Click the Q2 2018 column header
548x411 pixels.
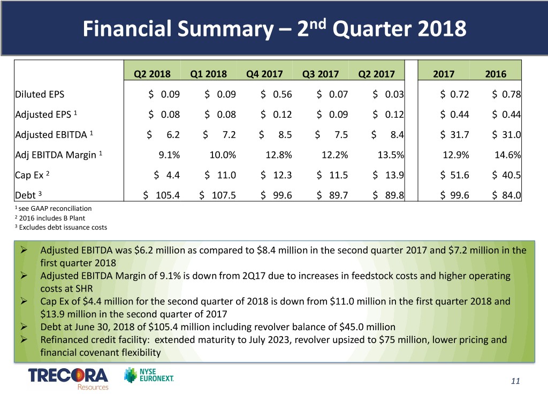pyautogui.click(x=152, y=74)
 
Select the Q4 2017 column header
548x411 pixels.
pyautogui.click(x=264, y=74)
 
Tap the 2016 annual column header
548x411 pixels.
pyautogui.click(x=496, y=74)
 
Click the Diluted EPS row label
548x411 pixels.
pyautogui.click(x=40, y=94)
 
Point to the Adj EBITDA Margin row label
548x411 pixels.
pyautogui.click(x=58, y=155)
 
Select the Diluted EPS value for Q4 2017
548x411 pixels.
pyautogui.click(x=276, y=94)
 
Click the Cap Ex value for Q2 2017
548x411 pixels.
pyautogui.click(x=388, y=175)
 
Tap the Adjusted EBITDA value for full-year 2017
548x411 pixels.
pyautogui.click(x=454, y=134)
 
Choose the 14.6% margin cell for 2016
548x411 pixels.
pyautogui.click(x=507, y=155)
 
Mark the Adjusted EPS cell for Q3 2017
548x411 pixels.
pyautogui.click(x=332, y=115)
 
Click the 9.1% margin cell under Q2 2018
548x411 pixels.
pyautogui.click(x=169, y=155)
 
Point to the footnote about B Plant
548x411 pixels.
pyautogui.click(x=50, y=218)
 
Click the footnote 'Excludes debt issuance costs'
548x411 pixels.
pyautogui.click(x=61, y=227)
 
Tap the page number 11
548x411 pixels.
pyautogui.click(x=515, y=381)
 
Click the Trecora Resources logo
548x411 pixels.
pyautogui.click(x=68, y=378)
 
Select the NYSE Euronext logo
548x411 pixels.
pyautogui.click(x=149, y=375)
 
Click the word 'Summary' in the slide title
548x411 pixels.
pyautogui.click(x=225, y=29)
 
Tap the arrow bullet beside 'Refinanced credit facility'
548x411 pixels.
pyautogui.click(x=24, y=339)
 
